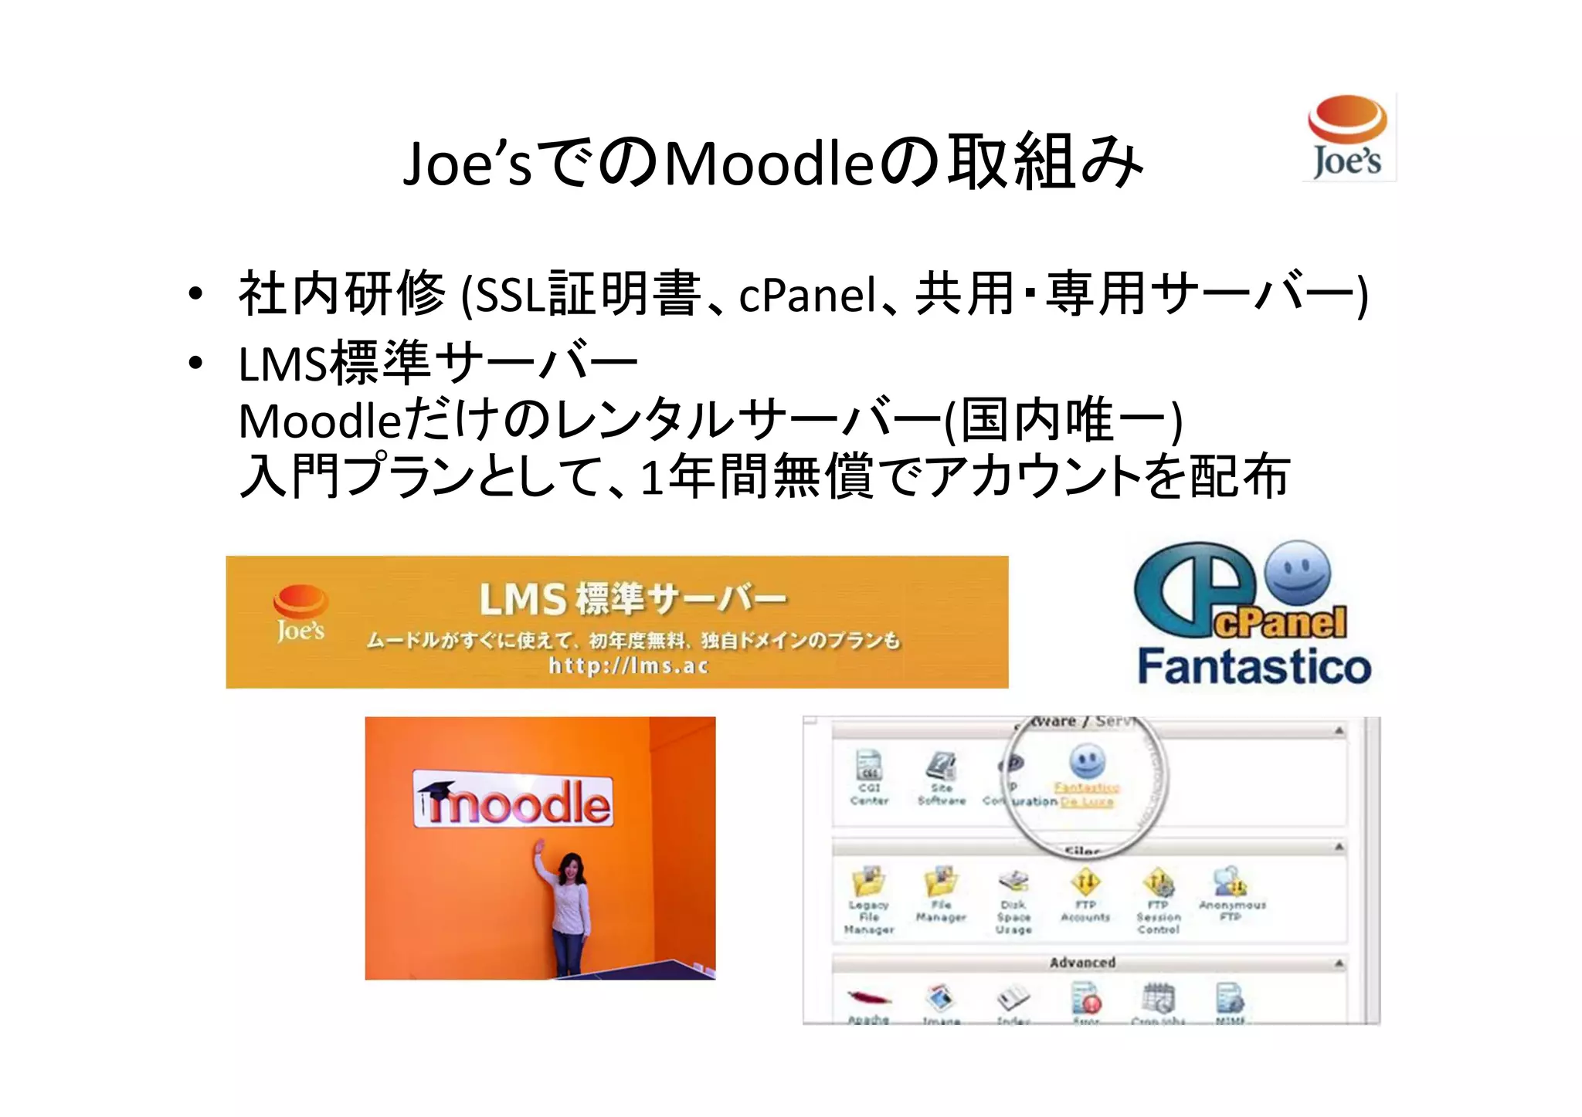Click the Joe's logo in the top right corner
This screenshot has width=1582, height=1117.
pos(1348,137)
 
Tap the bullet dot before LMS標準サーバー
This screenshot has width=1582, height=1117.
pos(195,362)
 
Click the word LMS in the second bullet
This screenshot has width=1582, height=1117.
pos(282,364)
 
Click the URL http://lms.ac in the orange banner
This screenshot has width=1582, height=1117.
pos(628,665)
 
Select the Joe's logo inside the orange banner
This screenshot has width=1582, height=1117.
pos(300,614)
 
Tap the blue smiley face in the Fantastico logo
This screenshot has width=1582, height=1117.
pos(1299,573)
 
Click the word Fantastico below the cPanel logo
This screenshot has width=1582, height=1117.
pos(1254,667)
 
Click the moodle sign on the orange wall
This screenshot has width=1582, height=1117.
pos(513,800)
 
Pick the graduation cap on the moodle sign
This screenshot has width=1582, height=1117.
pos(436,790)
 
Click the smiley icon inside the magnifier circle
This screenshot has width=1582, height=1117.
pos(1087,761)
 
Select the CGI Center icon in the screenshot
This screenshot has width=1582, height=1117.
pos(870,766)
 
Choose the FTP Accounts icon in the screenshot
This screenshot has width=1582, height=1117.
pos(1085,882)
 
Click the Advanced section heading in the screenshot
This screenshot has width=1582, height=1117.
pos(1082,963)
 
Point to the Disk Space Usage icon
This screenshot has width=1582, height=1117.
pos(1013,882)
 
